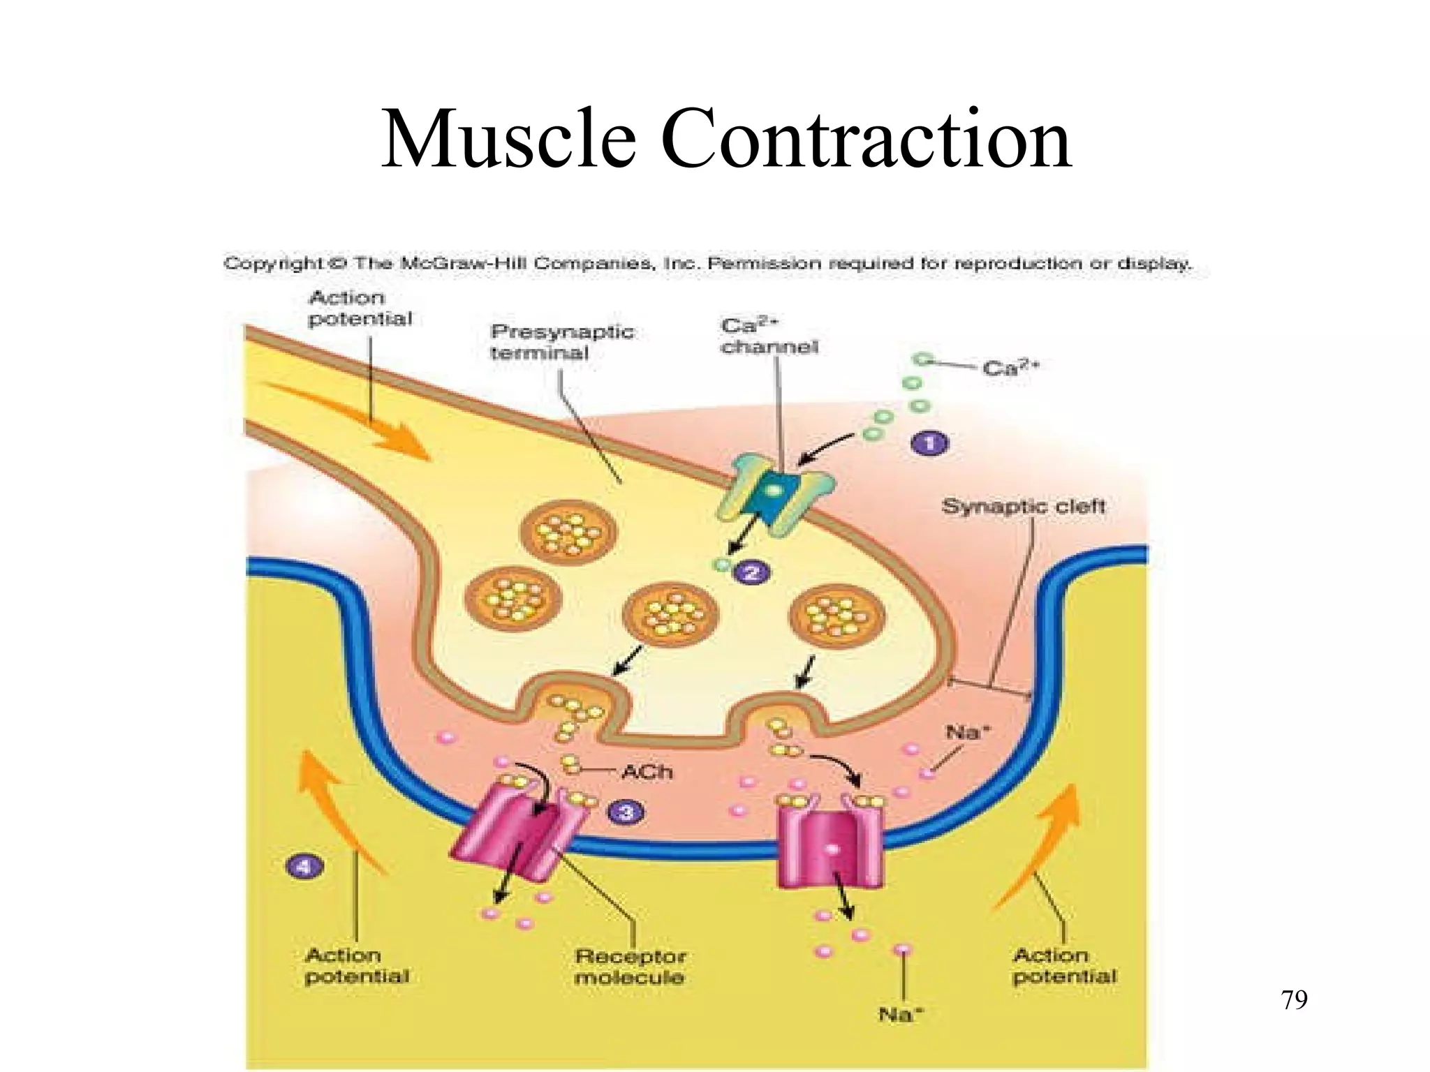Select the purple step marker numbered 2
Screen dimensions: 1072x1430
click(752, 573)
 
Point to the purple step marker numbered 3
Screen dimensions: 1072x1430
click(624, 812)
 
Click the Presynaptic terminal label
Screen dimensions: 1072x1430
click(562, 341)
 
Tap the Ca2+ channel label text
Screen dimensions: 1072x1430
click(769, 336)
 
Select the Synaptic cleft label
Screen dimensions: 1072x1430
click(1023, 506)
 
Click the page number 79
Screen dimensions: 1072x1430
click(1295, 1000)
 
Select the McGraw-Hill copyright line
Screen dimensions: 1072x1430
click(707, 264)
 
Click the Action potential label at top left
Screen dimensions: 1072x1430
click(360, 308)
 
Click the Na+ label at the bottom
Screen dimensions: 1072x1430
click(901, 1015)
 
